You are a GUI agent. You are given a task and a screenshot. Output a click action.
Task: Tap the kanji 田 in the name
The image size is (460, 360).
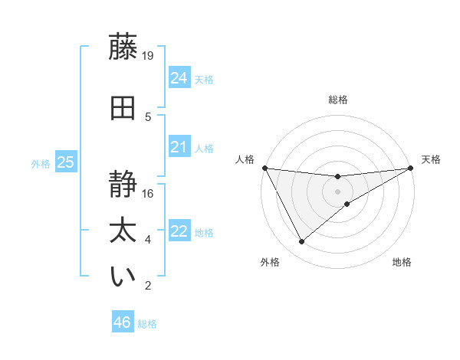point(123,106)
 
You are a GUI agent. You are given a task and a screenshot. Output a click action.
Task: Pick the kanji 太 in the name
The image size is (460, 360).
point(123,231)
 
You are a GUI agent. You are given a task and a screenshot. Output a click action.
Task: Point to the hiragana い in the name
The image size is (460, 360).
point(123,277)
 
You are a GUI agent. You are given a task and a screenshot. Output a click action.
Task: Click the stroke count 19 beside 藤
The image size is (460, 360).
point(148,55)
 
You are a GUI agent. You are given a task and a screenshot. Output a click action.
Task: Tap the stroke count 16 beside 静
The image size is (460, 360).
point(148,193)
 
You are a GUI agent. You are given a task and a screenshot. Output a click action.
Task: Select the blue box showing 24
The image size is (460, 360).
point(179,77)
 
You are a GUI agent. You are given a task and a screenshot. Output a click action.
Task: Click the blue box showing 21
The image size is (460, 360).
point(179,147)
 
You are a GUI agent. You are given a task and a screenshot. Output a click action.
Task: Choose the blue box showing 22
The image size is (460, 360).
point(179,231)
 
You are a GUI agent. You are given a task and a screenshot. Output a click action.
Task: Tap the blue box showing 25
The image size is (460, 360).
point(65,162)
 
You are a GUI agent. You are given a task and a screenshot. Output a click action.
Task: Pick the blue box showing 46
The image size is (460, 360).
point(122,322)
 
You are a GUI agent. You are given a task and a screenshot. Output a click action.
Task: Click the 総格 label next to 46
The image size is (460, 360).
point(147,324)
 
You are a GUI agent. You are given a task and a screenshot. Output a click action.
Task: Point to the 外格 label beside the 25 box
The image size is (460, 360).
point(41,163)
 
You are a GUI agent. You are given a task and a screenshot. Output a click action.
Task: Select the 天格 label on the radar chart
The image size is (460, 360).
point(431,159)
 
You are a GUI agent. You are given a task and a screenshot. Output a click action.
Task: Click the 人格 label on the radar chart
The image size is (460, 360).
point(245,159)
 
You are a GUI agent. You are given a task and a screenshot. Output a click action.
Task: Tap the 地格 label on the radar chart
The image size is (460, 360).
point(402,262)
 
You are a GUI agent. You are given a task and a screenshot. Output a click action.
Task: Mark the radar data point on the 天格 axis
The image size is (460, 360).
point(409,168)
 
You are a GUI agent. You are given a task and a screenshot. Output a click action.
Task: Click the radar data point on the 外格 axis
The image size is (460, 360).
point(301,242)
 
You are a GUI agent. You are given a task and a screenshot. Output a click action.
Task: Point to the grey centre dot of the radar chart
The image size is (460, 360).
point(337,191)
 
